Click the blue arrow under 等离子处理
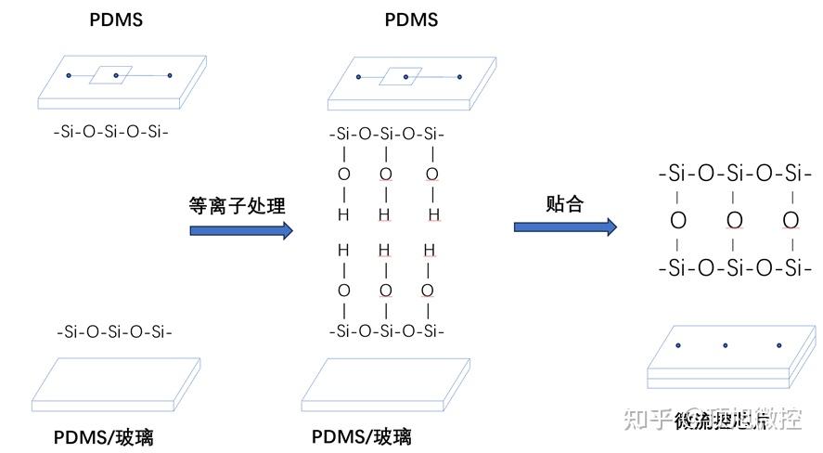[240, 230]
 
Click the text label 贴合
[564, 203]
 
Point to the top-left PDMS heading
[116, 19]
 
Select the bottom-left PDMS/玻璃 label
[111, 436]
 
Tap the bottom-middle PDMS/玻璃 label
[362, 436]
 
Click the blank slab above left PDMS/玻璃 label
[104, 383]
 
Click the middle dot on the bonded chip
[727, 346]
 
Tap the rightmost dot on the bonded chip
[779, 346]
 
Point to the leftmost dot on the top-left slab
[68, 75]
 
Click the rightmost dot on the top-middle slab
[459, 77]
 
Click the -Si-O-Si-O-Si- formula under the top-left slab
[111, 132]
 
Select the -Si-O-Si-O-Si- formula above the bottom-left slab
[114, 331]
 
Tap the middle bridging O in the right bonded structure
[734, 220]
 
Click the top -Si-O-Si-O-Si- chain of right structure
[729, 173]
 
